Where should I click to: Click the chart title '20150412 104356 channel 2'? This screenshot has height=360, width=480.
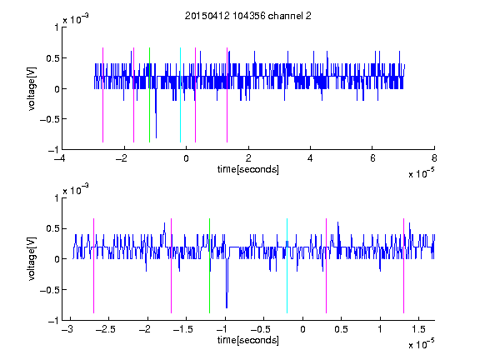point(248,16)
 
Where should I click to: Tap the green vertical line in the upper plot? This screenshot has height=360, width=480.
point(149,95)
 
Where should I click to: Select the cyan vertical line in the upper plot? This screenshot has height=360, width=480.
point(180,95)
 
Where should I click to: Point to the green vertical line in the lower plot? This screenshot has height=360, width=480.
point(210,266)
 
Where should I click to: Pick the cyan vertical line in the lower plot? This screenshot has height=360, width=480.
point(287,266)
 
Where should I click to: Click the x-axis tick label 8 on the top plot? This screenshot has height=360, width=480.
point(434,158)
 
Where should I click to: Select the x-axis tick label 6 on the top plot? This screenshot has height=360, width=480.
point(372,158)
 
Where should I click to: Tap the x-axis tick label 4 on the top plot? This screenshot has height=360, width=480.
point(310,158)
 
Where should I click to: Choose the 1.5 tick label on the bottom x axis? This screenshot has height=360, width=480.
point(418,329)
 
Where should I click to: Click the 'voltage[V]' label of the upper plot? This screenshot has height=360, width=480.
point(32,89)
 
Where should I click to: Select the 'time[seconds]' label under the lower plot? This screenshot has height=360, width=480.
point(248,340)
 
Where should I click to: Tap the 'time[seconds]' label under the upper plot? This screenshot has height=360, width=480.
point(248,169)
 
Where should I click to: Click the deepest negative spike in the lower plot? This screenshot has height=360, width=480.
point(227,307)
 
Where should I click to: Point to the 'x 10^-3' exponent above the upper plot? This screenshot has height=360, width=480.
point(76,19)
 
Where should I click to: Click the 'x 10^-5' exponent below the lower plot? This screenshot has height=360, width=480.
point(421,344)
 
